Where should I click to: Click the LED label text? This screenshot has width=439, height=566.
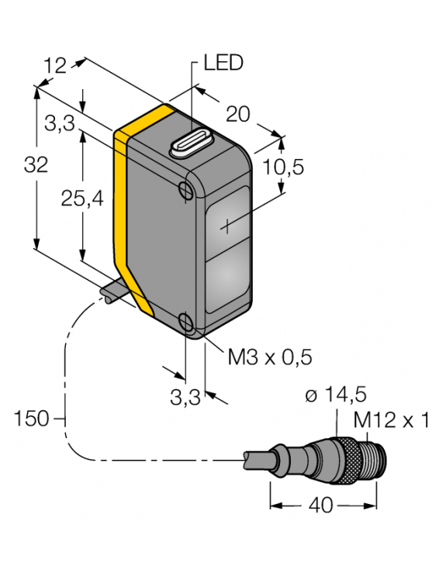(x=223, y=64)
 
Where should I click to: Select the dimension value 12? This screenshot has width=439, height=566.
(x=55, y=67)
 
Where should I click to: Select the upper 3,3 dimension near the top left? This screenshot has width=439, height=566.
(x=59, y=122)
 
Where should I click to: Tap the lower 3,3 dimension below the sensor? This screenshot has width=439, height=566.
(x=185, y=398)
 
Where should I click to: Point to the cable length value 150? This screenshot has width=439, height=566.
(x=30, y=419)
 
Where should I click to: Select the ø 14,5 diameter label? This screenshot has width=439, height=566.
(x=335, y=395)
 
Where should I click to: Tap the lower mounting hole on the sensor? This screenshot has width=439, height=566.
(x=186, y=323)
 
